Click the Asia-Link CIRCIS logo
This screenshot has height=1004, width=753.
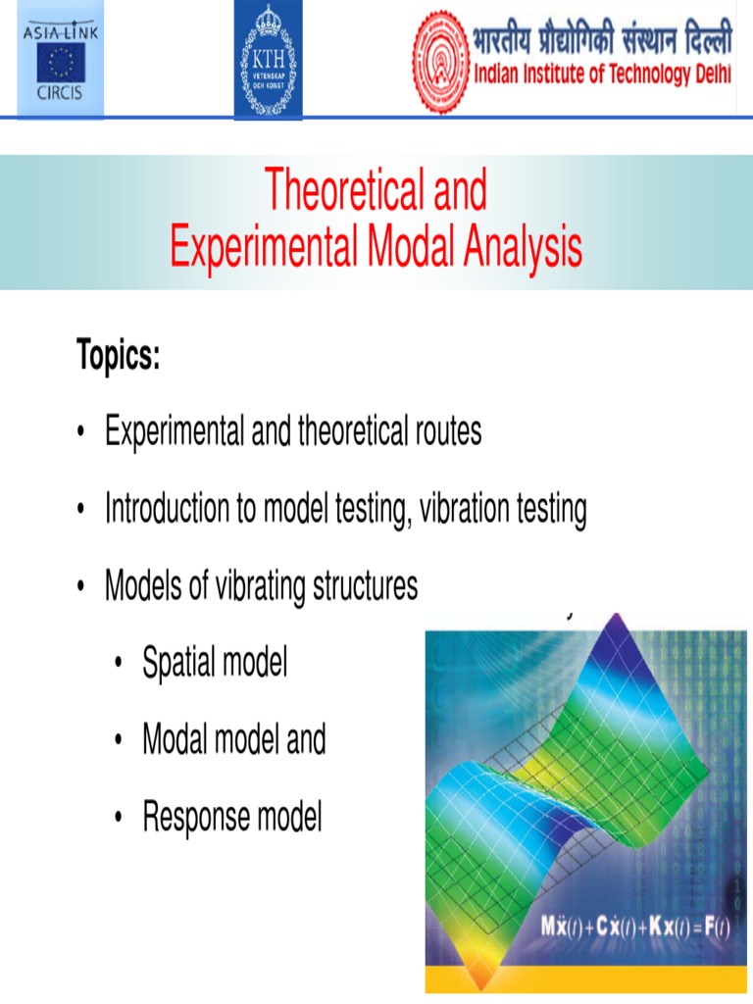(x=60, y=59)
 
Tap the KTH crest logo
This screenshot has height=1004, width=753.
(x=268, y=59)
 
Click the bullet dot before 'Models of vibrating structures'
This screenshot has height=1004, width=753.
(x=81, y=588)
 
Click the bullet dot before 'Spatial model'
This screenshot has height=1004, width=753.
(x=119, y=666)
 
